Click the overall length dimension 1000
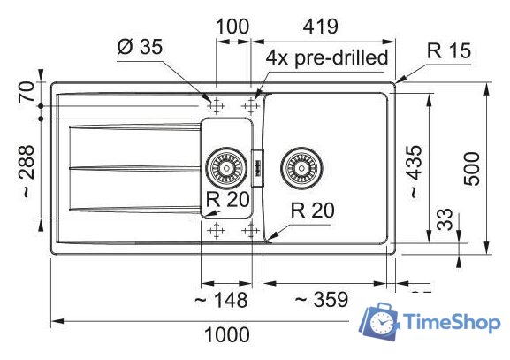pyautogui.click(x=227, y=335)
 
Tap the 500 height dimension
pyautogui.click(x=473, y=166)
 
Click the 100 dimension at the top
pyautogui.click(x=232, y=26)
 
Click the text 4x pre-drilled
pyautogui.click(x=328, y=58)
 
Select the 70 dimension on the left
pyautogui.click(x=24, y=91)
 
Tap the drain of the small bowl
pyautogui.click(x=226, y=165)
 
